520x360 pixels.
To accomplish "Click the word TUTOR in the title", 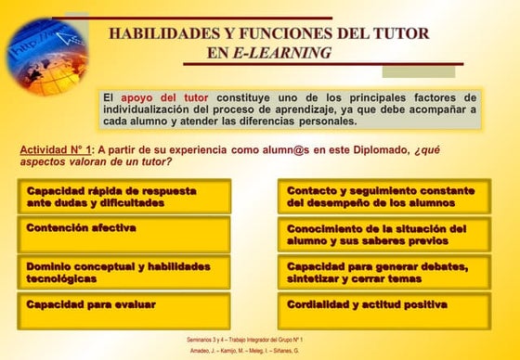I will (399, 33).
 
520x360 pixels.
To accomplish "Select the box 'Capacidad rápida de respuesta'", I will (124, 197).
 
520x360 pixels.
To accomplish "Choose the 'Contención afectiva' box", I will (124, 234).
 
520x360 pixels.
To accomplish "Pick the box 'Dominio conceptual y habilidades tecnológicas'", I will (124, 272).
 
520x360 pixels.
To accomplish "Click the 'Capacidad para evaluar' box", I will (124, 310).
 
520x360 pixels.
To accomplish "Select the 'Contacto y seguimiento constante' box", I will (384, 197).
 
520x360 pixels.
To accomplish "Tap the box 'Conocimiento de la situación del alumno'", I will (384, 234).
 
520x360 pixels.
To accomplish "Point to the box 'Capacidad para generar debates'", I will (384, 272).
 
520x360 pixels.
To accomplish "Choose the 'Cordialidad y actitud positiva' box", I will (384, 310).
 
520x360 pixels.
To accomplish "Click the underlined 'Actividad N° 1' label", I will (57, 149).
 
